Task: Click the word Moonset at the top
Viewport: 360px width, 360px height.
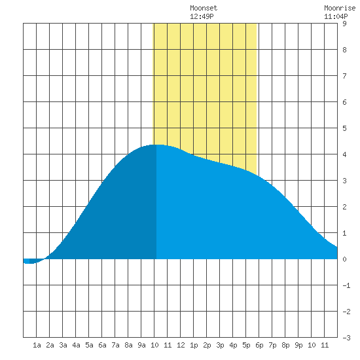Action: [x=204, y=9]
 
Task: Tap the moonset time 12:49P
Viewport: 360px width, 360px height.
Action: [x=202, y=16]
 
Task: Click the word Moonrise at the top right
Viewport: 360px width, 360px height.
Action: [x=340, y=9]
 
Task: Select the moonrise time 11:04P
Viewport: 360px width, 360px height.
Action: [x=336, y=16]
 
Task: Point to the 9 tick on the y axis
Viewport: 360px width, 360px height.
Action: [x=344, y=24]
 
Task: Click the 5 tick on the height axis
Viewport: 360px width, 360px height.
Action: [x=344, y=128]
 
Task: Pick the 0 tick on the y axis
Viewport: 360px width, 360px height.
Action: [x=344, y=259]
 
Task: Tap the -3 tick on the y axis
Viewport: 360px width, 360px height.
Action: [x=346, y=338]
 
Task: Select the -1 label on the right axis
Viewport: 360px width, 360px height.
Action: [x=346, y=285]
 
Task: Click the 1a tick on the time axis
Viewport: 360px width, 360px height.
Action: [x=37, y=345]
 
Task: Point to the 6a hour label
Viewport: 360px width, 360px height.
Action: [x=102, y=345]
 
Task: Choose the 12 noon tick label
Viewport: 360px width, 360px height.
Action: [x=181, y=345]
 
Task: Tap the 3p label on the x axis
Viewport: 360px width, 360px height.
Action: [x=220, y=345]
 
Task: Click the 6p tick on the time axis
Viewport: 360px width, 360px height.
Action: [x=259, y=345]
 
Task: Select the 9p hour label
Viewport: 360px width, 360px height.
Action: [x=298, y=345]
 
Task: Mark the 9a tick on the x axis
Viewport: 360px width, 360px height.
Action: [x=141, y=345]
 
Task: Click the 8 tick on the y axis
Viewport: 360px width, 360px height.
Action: [x=344, y=50]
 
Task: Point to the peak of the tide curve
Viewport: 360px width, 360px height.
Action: [x=157, y=145]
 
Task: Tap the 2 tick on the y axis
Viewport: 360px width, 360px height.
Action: [x=344, y=207]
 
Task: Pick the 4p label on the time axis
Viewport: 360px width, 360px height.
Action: [x=233, y=345]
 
